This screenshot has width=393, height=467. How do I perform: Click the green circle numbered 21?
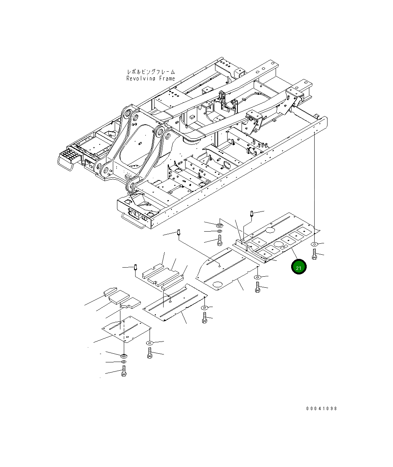click(298, 267)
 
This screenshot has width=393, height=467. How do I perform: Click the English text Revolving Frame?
click(151, 78)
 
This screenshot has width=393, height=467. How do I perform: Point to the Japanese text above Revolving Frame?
click(151, 72)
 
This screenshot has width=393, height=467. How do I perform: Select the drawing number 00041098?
click(321, 408)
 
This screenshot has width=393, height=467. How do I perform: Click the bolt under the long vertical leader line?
click(314, 254)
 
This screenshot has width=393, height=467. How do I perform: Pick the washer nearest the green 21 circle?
click(315, 244)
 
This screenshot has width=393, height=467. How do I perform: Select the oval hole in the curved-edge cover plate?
click(218, 284)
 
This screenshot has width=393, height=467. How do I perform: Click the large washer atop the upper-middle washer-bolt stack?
click(219, 226)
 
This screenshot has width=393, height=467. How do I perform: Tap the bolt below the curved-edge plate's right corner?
click(257, 287)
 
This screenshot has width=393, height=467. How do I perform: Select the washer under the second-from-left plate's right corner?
click(204, 307)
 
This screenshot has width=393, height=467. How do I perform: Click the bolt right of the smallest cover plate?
click(150, 353)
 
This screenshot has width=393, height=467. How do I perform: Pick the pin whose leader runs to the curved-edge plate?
click(178, 233)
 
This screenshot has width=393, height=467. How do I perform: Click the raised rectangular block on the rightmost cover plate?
click(242, 242)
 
